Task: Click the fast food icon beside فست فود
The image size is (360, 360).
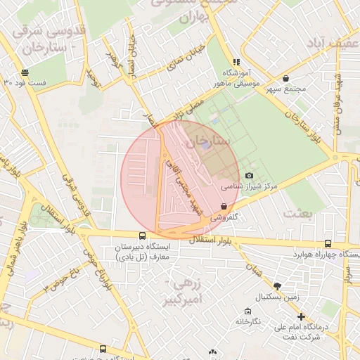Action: (x=25, y=72)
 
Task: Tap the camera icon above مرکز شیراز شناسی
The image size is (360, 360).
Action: (x=249, y=175)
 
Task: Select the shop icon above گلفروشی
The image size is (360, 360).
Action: (x=224, y=206)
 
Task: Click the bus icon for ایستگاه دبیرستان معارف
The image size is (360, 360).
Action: (x=143, y=236)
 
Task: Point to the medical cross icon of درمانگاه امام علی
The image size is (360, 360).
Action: (x=301, y=316)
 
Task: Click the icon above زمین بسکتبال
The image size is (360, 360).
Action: (x=277, y=285)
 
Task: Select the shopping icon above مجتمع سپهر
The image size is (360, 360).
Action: (x=285, y=78)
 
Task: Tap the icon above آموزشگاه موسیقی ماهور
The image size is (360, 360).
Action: (x=236, y=62)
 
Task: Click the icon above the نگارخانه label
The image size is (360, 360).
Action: (x=247, y=311)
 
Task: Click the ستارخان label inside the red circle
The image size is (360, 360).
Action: (x=210, y=143)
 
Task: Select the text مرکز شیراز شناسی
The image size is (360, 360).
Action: (x=250, y=188)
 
